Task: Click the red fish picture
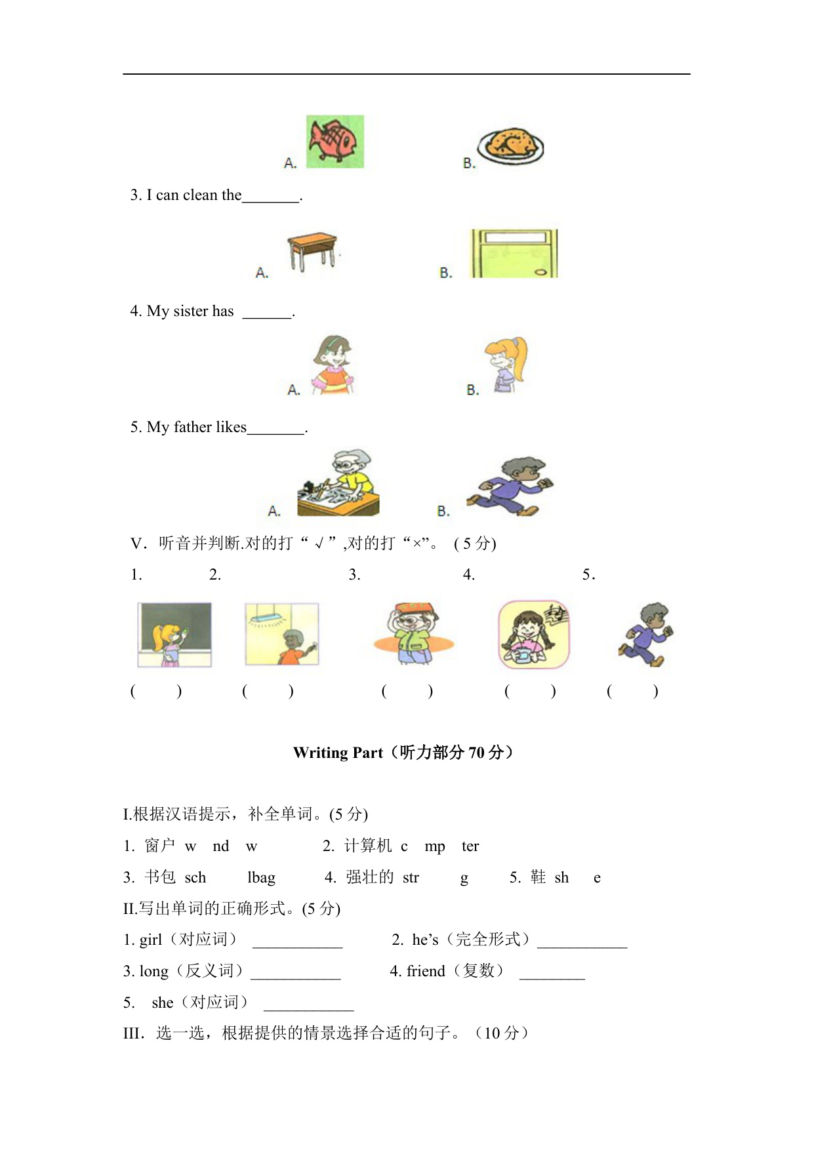pos(335,141)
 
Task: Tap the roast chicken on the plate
pos(511,145)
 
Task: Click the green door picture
pos(514,254)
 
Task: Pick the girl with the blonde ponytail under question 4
pos(506,365)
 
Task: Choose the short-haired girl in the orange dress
pos(333,365)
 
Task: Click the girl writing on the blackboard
pos(174,635)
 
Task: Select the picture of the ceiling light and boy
pos(282,634)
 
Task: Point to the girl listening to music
pos(534,635)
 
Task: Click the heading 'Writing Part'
pos(338,753)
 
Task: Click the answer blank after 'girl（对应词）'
pos(297,941)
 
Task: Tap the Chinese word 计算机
pos(368,846)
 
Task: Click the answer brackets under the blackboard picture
pos(156,691)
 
